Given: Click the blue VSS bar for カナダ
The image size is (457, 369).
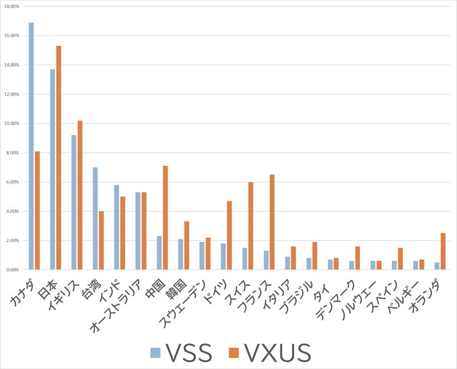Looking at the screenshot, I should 31,146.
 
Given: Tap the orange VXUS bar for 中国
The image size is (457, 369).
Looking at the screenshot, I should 166,217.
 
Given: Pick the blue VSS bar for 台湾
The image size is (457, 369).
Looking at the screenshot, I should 95,218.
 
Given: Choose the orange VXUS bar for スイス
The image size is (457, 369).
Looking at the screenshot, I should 251,225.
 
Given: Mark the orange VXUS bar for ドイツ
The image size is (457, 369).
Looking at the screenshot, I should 230,235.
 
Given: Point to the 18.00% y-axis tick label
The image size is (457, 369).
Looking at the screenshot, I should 12,6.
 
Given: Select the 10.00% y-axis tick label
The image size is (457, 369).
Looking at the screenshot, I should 12,124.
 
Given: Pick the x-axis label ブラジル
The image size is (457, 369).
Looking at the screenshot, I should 297,293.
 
